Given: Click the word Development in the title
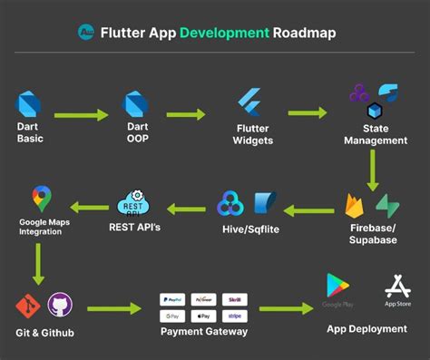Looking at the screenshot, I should pyautogui.click(x=224, y=34).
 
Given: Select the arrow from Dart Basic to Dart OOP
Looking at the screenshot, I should pyautogui.click(x=81, y=115).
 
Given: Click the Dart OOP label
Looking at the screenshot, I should pyautogui.click(x=137, y=133).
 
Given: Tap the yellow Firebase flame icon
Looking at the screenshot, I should pyautogui.click(x=355, y=206).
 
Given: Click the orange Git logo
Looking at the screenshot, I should pyautogui.click(x=26, y=305).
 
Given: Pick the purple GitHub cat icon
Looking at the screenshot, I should pyautogui.click(x=59, y=305).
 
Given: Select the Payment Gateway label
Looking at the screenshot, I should pyautogui.click(x=203, y=331).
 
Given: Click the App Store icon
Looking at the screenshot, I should pyautogui.click(x=397, y=286).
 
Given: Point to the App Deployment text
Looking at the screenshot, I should pyautogui.click(x=366, y=328).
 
